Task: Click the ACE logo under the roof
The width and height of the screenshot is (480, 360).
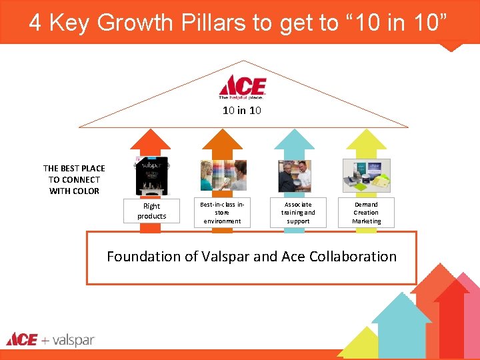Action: pos(243,87)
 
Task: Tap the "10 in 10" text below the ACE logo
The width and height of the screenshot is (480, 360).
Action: pos(242,111)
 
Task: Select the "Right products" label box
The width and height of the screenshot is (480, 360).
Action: pos(151,211)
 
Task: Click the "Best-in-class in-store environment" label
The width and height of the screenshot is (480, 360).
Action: pos(223,211)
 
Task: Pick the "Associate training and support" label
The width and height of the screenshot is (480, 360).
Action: pos(298,213)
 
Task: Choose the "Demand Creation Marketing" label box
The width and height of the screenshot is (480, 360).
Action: pos(366,213)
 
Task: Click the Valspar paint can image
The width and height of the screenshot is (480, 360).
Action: pos(152,175)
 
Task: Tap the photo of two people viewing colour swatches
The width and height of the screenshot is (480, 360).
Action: pos(223,175)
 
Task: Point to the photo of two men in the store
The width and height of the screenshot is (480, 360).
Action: pos(294,175)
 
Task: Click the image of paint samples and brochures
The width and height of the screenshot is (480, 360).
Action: pos(366,175)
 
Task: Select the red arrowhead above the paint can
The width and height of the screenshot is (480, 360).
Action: pos(151,139)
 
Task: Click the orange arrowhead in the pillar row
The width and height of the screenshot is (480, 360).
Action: pos(222,139)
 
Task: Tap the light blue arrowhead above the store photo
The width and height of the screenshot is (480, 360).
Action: pos(294,139)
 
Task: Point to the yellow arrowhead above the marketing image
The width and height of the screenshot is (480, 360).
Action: pos(366,139)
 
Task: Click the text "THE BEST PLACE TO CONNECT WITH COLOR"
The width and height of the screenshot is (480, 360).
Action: pos(74,180)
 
